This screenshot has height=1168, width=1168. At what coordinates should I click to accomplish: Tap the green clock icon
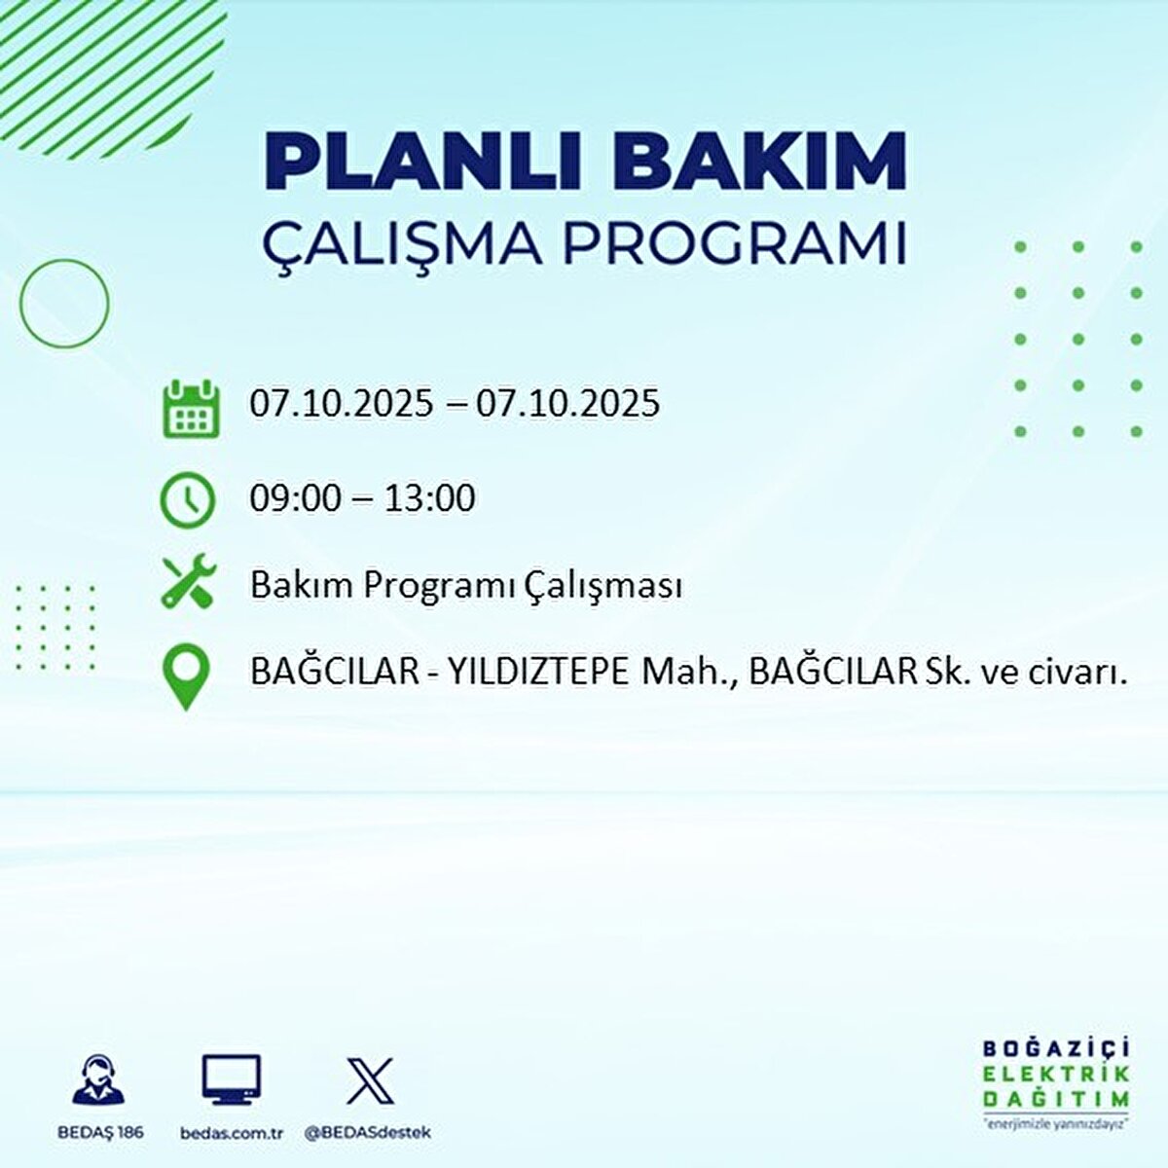(187, 499)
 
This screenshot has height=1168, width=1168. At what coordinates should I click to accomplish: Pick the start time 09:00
(295, 498)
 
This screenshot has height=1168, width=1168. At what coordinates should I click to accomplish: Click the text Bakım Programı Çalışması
(465, 586)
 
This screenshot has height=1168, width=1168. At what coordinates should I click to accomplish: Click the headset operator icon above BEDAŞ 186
(98, 1080)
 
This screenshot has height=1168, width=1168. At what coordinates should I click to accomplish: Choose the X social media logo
(370, 1080)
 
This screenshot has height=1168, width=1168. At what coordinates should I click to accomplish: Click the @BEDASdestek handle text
(368, 1133)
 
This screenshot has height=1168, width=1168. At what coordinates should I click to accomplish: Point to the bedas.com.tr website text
(232, 1133)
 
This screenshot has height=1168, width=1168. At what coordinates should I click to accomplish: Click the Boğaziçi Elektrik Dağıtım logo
(1055, 1081)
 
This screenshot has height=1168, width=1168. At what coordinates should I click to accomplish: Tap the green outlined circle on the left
(64, 304)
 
